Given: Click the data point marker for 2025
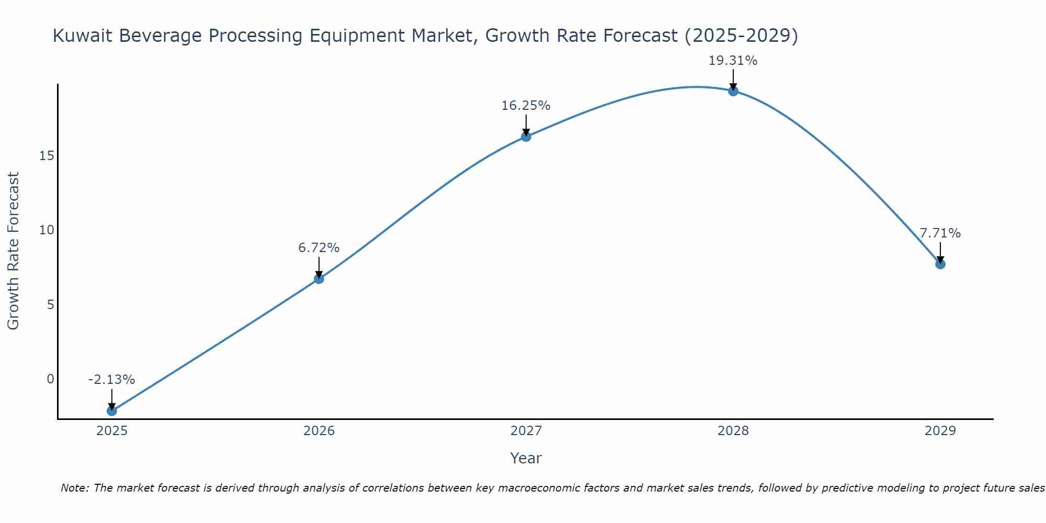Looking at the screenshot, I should point(111,411).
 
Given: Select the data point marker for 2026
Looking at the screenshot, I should point(319,278).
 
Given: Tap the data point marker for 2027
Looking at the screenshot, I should point(526,137).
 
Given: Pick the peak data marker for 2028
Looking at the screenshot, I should point(733,91).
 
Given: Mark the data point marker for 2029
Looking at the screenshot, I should point(940,264).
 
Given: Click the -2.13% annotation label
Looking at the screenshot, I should point(111,380).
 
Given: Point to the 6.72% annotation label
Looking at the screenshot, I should point(319,247).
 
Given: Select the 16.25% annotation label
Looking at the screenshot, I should point(526,106).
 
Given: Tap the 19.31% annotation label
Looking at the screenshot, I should point(733,61).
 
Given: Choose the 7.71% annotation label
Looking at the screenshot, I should point(940,233).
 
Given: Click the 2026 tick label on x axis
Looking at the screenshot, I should point(319,431).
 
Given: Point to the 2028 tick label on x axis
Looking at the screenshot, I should point(733,431).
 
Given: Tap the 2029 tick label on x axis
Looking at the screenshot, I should point(940,431).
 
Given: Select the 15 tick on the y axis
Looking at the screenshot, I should point(47,156).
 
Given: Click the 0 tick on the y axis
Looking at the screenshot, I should point(50,379).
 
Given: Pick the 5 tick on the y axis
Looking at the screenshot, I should point(50,304).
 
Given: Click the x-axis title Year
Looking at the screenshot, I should point(526,458).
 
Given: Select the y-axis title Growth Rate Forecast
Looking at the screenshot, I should point(13,251).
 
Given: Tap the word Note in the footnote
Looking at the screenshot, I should point(74,488).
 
